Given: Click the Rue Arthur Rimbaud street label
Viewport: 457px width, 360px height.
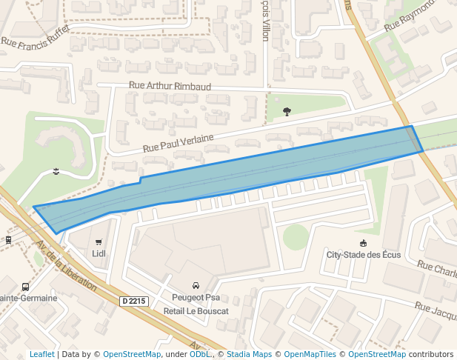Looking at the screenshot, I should pos(170,86).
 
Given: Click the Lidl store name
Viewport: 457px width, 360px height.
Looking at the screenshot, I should pos(99,253).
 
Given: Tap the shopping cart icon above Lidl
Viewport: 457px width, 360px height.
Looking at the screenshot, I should pos(99,241).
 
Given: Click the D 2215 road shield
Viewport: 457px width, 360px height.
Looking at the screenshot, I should pos(134,301).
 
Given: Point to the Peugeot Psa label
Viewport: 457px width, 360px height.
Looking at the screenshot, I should pos(196,298).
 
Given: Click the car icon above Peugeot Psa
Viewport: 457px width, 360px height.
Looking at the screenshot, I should pos(196,285).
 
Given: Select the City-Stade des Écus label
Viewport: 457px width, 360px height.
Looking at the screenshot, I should pos(364,255).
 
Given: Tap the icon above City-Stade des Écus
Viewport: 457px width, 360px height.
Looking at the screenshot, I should pos(363,243).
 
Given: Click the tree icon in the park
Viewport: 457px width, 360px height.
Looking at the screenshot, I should pos(287,112).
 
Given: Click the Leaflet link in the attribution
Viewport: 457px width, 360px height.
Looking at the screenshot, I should pos(41,354).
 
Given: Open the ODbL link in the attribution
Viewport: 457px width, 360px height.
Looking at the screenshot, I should pos(199,354).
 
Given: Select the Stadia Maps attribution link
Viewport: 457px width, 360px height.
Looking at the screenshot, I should pos(249,354).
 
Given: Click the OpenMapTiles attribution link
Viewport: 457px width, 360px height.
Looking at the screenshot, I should pos(310,354).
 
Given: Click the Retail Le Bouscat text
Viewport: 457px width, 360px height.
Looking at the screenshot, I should pos(196,310).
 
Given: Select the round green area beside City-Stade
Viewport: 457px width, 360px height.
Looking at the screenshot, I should pos(296,237).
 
